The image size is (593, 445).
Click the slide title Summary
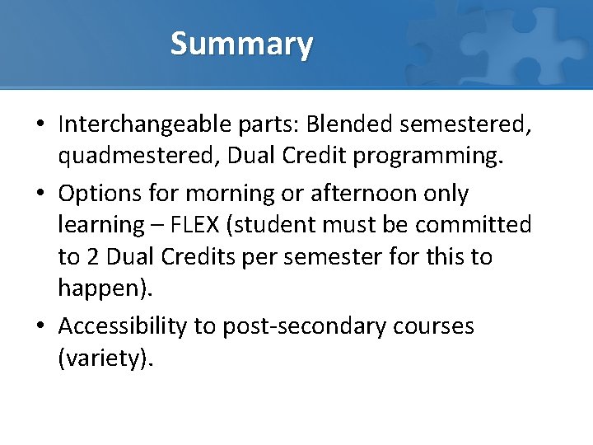point(241,44)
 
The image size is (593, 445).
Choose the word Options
point(100,194)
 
